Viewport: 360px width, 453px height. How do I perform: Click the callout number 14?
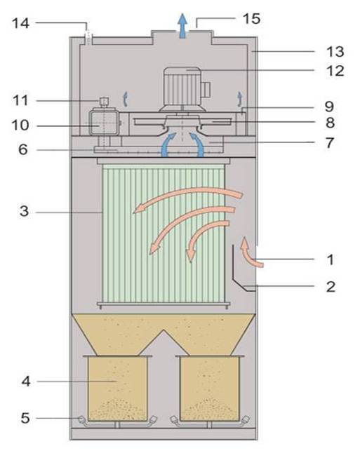point(20,23)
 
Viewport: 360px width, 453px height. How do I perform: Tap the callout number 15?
point(251,19)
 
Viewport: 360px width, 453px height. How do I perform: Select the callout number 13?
point(335,52)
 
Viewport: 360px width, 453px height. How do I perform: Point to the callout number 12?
point(335,71)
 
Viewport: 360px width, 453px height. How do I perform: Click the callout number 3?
point(25,211)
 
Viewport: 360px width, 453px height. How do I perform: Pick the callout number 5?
point(25,418)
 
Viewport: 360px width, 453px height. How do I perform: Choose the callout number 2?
point(331,287)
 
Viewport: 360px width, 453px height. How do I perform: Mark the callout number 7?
point(330,143)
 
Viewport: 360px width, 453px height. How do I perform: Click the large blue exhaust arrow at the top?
point(182,26)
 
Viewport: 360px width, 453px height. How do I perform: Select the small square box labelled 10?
point(104,123)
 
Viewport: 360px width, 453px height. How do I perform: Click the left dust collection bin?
point(117,388)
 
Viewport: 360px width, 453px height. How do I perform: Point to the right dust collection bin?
point(210,388)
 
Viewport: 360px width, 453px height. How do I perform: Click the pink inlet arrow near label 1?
point(251,252)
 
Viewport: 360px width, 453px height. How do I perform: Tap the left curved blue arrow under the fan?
point(168,144)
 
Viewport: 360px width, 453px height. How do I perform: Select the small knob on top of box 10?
point(104,102)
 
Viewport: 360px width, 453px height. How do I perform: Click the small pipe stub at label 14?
point(88,37)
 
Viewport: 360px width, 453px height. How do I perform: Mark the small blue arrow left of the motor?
point(125,99)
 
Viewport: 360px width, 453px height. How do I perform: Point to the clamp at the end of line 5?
point(81,419)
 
